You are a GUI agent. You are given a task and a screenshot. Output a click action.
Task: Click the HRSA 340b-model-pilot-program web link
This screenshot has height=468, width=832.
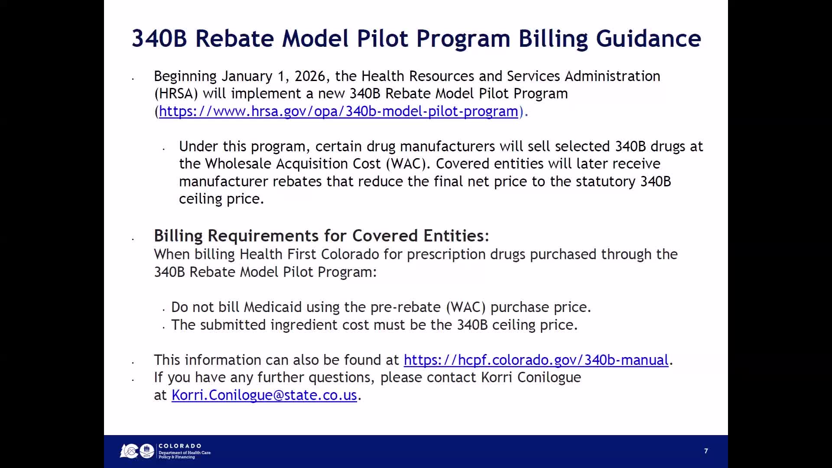[x=338, y=111]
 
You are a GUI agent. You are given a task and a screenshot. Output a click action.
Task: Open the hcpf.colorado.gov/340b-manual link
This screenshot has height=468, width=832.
[x=536, y=360]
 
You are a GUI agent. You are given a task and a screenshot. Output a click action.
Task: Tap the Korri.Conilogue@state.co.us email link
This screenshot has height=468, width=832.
[x=264, y=395]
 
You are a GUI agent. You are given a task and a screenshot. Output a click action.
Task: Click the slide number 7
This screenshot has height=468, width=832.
[x=706, y=451]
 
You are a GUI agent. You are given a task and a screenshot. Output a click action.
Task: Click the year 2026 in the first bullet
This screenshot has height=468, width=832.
[x=309, y=76]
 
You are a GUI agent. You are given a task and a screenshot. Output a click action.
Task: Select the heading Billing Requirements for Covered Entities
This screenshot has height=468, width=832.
[x=321, y=236]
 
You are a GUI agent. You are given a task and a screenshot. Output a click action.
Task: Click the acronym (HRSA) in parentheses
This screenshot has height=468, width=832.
[x=176, y=94]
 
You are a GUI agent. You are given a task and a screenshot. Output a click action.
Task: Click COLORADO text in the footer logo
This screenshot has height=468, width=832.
[x=180, y=446]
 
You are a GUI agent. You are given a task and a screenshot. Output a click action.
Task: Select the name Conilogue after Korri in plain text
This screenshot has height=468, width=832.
[x=549, y=377]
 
